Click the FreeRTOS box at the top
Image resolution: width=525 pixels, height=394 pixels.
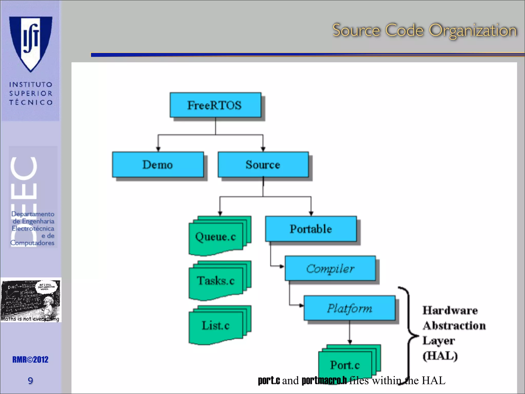coord(215,105)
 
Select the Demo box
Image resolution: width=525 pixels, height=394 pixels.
coord(158,164)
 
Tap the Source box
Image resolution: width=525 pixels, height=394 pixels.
coord(263,164)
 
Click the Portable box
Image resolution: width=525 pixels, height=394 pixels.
coord(311,229)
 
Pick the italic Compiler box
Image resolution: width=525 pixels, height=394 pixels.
coord(330,268)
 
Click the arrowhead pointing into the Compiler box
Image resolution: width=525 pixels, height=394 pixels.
coord(282,266)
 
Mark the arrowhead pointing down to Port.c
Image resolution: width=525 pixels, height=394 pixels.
coord(350,342)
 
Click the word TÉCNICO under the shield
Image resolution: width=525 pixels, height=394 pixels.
coord(31,102)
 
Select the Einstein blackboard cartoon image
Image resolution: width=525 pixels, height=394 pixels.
coord(31,300)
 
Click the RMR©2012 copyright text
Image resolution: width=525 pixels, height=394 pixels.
coord(30,360)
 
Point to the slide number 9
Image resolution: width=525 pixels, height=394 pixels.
coord(30,380)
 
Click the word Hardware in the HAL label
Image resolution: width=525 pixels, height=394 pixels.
coord(450,310)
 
